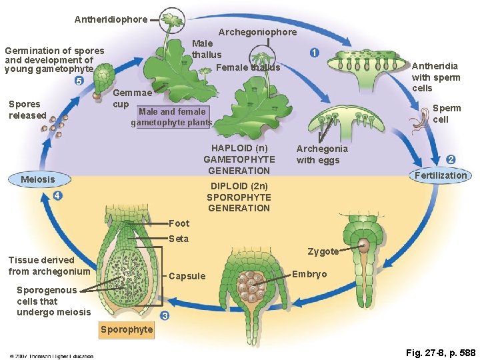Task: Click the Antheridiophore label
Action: pos(111,19)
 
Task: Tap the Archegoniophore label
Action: pos(258,32)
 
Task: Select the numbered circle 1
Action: pos(313,53)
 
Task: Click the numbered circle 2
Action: pos(451,159)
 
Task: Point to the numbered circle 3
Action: pos(165,315)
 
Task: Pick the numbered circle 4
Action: pos(58,196)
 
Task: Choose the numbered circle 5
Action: pos(79,81)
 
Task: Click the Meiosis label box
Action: pos(38,179)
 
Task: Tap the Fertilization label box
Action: pos(441,175)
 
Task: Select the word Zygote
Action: pos(323,251)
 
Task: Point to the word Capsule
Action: pos(187,276)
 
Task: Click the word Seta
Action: pos(179,239)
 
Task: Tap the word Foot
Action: pos(179,223)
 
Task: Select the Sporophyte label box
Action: pos(126,329)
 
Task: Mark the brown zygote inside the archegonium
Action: pos(365,245)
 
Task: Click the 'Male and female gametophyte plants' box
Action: pos(171,117)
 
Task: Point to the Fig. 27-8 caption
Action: pos(441,352)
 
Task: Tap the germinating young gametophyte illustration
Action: pos(102,81)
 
